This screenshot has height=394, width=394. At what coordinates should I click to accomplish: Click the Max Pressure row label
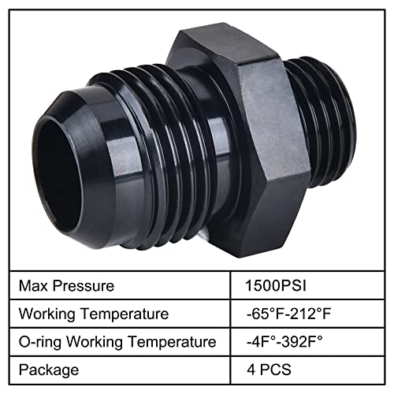(69, 285)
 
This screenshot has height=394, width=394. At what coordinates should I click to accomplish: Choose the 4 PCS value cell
(268, 369)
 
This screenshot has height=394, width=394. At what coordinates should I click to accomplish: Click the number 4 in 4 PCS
(251, 369)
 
